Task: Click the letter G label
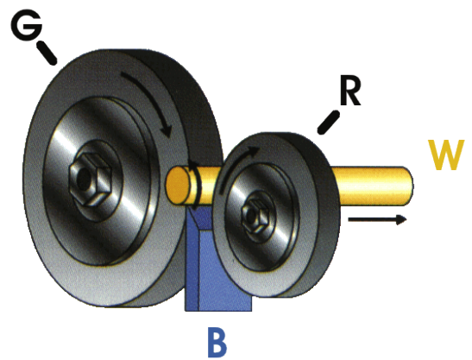pos(27,26)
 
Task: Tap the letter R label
pos(350,92)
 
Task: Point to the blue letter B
pos(217,342)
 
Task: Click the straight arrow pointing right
pos(377,219)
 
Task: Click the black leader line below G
pos(47,53)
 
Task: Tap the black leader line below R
pos(329,123)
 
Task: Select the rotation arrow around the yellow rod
pos(196,184)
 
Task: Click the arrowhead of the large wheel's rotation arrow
pos(167,133)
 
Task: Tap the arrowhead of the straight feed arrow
pos(401,219)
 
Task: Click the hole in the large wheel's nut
pos(84,179)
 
